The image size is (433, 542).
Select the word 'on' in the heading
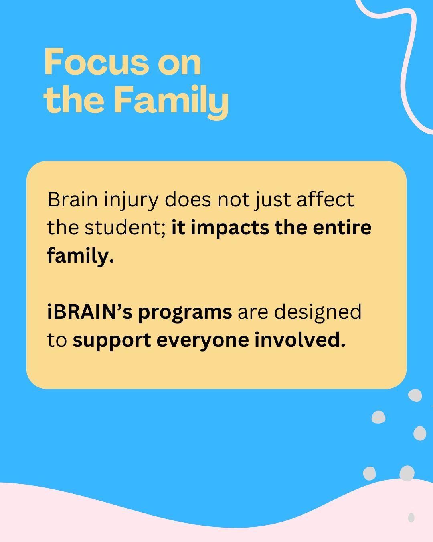[x=179, y=65]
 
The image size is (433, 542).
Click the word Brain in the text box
[x=73, y=200]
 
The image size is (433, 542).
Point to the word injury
[x=131, y=202]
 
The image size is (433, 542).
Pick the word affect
[x=325, y=199]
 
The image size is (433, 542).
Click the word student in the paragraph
[x=125, y=227]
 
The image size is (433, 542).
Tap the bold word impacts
[x=230, y=229]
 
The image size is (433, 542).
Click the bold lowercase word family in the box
[x=81, y=256]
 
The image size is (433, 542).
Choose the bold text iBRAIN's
[x=90, y=312]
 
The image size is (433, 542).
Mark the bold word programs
[x=185, y=313]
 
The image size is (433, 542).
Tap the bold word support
[x=112, y=341]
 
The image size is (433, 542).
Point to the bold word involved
[x=300, y=340]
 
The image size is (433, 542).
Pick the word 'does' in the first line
[x=188, y=199]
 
